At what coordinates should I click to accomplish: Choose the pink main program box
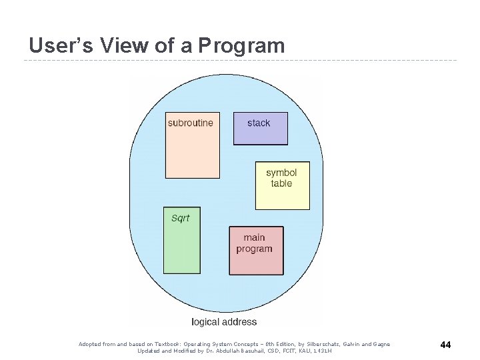tap(256, 263)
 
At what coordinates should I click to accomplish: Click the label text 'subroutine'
tap(191, 123)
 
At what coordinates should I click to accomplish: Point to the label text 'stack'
tap(259, 123)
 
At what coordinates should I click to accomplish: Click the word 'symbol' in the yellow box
tap(281, 173)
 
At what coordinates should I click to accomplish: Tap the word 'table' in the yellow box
tap(281, 183)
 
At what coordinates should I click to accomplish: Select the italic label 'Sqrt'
tap(181, 218)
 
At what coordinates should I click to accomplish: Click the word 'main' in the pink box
tap(254, 237)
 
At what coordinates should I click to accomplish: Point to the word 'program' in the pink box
tap(254, 249)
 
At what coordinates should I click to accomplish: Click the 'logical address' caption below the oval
tap(224, 321)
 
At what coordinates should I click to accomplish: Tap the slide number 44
tap(446, 345)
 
